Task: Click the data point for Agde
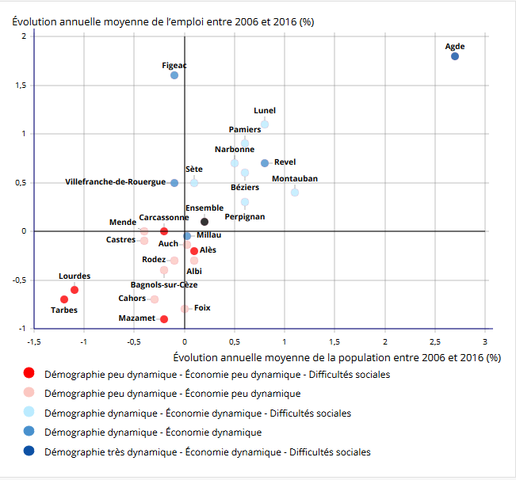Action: (x=455, y=56)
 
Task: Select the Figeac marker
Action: (x=174, y=75)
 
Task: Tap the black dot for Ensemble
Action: (x=204, y=222)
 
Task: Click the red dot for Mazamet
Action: (x=164, y=319)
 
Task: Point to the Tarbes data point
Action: (x=64, y=299)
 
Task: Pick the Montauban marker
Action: (x=295, y=192)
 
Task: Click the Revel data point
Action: (x=265, y=163)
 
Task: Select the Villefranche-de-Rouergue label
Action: (x=116, y=182)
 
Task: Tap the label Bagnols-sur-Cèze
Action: (x=164, y=284)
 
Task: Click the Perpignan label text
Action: (x=244, y=216)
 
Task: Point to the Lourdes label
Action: (x=75, y=276)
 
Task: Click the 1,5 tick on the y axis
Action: (x=19, y=85)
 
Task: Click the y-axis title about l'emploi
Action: (x=162, y=21)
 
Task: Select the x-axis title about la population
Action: (x=336, y=357)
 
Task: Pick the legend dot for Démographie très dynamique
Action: (x=29, y=451)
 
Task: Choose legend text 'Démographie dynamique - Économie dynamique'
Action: (x=153, y=432)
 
